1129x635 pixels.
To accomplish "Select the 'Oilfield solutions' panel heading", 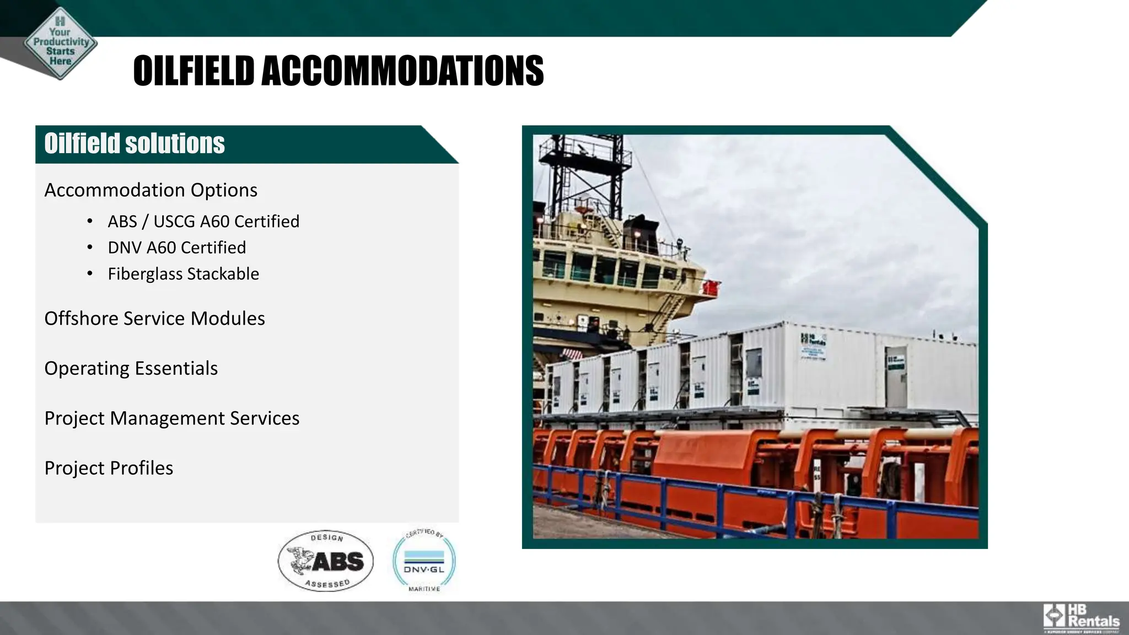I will pyautogui.click(x=135, y=144).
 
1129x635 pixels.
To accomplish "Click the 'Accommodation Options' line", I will pyautogui.click(x=150, y=190).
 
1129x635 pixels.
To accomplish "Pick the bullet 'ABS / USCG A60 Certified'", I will pyautogui.click(x=203, y=222).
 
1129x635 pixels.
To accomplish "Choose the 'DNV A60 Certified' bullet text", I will pyautogui.click(x=176, y=247).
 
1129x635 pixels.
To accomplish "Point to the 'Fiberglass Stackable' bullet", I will pyautogui.click(x=183, y=274).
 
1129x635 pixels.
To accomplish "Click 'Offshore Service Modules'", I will pyautogui.click(x=154, y=319).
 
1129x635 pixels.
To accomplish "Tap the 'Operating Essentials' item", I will pyautogui.click(x=131, y=368).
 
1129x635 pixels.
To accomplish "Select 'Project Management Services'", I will pyautogui.click(x=171, y=418).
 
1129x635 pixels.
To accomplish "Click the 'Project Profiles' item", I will pyautogui.click(x=109, y=468).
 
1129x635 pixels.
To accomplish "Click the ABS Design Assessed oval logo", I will pyautogui.click(x=325, y=561).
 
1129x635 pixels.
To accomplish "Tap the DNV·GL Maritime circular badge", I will pyautogui.click(x=424, y=561).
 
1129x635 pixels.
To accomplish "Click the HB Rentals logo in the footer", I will pyautogui.click(x=1081, y=617).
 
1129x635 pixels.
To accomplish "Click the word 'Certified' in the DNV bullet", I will pyautogui.click(x=213, y=247).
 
